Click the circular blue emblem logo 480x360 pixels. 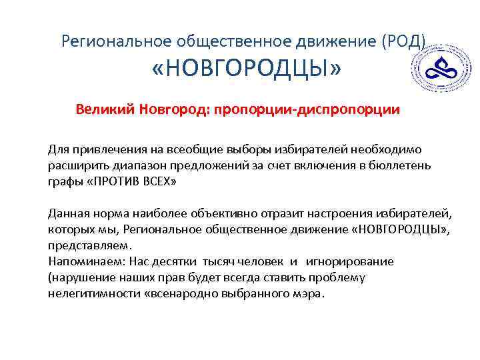[441, 69]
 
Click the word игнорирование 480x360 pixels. [351, 261]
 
